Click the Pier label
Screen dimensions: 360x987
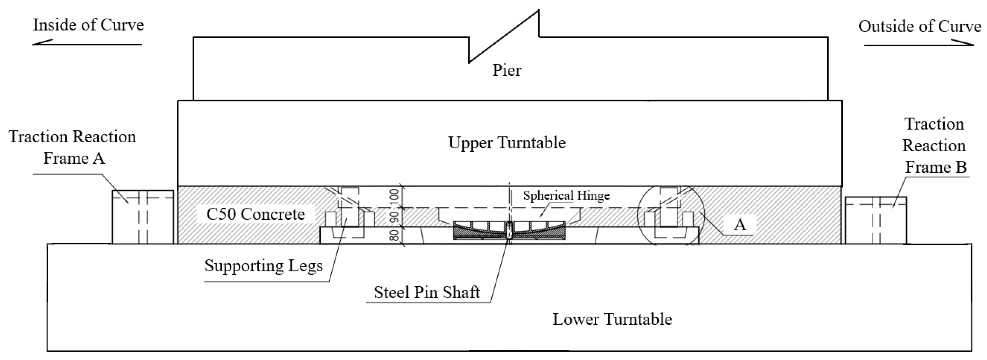[507, 70]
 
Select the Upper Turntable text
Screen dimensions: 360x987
[507, 143]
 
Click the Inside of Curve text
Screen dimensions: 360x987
[88, 25]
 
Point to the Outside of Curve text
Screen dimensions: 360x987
[920, 27]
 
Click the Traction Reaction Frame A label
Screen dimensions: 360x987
[72, 147]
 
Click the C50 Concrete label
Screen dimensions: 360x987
[255, 214]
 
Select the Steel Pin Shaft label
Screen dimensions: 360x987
[426, 293]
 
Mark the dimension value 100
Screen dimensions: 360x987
[394, 197]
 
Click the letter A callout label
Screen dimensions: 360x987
[740, 225]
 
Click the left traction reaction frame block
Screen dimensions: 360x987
[143, 217]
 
